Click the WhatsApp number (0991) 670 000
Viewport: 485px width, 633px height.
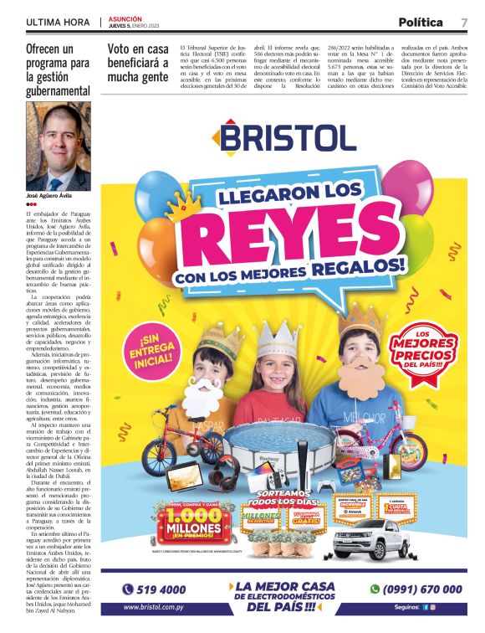(x=413, y=589)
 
